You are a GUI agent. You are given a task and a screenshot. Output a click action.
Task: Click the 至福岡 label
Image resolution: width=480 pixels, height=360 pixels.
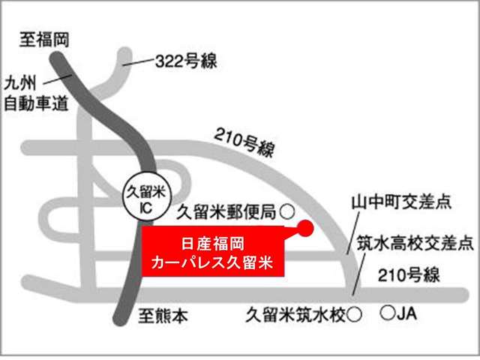(x=44, y=39)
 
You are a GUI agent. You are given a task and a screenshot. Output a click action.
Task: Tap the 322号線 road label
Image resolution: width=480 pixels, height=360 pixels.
(x=187, y=61)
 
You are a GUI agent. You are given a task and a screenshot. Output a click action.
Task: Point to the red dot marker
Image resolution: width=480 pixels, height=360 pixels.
(x=304, y=228)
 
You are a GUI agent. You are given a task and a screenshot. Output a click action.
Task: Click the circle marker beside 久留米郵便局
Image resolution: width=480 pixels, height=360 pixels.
(x=287, y=211)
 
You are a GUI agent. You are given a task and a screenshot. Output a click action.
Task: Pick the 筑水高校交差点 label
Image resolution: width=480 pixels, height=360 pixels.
(x=415, y=244)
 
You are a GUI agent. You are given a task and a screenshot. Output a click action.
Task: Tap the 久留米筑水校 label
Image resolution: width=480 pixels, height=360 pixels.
(x=296, y=316)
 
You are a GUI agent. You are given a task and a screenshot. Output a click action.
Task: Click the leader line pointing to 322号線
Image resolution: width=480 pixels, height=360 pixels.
(x=139, y=64)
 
